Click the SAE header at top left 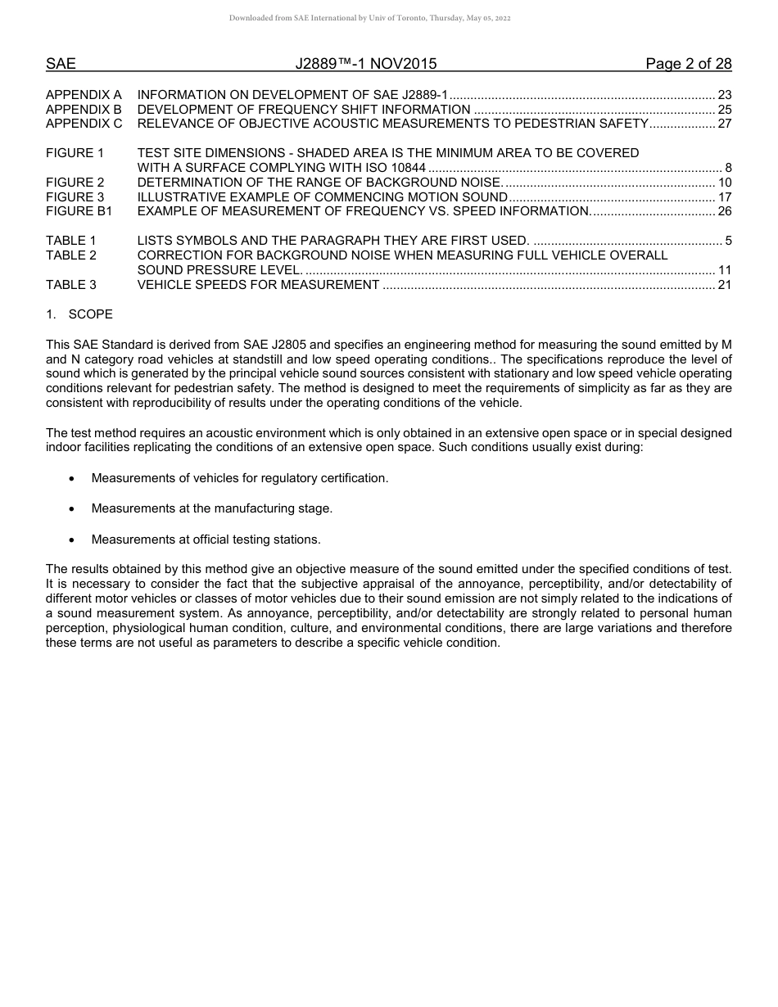coord(61,64)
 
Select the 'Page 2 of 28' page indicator coord(688,64)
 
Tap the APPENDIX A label coord(84,95)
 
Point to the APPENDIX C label coord(84,124)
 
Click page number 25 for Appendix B coord(724,110)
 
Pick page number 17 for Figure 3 coord(724,197)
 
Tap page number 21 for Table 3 coord(724,286)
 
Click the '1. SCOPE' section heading coord(79,315)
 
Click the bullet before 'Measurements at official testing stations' coord(73,540)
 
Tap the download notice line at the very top coord(369,18)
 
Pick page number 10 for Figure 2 coord(724,183)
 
